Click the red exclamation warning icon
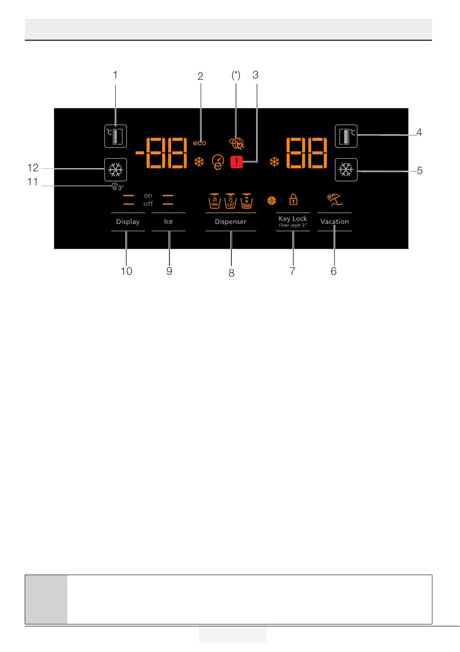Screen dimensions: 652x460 point(236,163)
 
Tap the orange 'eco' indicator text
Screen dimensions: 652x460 point(199,143)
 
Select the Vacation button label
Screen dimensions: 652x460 point(335,222)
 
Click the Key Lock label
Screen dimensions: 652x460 point(292,219)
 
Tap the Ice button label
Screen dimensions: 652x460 point(169,222)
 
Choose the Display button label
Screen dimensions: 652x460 point(128,222)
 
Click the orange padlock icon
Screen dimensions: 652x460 point(293,199)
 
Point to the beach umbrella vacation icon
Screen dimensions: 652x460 point(334,199)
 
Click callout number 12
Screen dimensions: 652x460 point(33,168)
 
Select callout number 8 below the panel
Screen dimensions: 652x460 point(231,273)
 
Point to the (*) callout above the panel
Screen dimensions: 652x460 point(236,75)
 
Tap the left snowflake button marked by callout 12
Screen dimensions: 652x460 point(116,170)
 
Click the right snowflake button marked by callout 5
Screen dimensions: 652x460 point(346,170)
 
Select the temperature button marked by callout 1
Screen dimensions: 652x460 point(116,136)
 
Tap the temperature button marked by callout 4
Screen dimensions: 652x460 point(346,136)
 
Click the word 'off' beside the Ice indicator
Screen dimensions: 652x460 point(148,204)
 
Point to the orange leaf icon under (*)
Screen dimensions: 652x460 point(237,144)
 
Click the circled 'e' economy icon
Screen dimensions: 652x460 point(218,163)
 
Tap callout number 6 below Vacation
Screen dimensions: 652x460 point(334,271)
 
